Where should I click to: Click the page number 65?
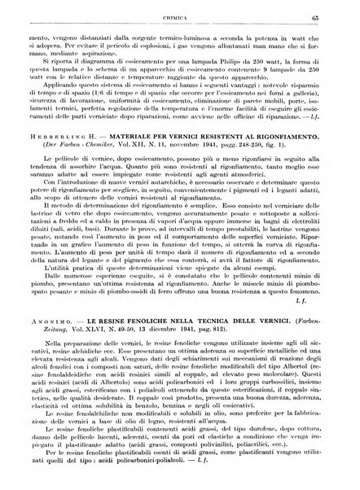(336, 9)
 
